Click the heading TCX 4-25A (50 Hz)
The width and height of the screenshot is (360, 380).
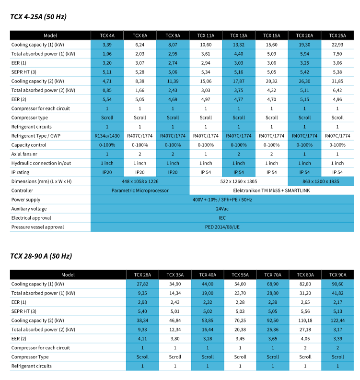[38, 17]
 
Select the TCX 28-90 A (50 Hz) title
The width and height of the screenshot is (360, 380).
[41, 256]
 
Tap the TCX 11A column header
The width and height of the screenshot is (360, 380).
[206, 36]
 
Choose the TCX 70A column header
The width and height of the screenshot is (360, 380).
[273, 275]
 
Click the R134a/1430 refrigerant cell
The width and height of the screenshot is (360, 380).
[107, 136]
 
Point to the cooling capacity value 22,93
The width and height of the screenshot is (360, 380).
[337, 45]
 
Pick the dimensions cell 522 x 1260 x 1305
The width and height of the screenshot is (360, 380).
[238, 181]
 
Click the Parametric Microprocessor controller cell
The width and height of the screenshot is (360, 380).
[140, 190]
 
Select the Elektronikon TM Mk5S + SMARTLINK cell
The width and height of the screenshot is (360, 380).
[271, 190]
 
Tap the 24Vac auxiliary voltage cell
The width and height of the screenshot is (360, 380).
[222, 209]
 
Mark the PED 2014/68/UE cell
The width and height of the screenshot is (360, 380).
[222, 227]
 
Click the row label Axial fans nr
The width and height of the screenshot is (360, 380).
[24, 154]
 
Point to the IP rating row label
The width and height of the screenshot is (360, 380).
[20, 172]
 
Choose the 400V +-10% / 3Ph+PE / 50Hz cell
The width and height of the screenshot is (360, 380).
[222, 200]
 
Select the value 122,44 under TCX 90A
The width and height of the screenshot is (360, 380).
[337, 321]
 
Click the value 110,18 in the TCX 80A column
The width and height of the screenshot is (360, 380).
[305, 321]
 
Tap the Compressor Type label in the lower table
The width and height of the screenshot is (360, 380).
[30, 357]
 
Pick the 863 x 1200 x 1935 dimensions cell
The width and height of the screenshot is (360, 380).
[321, 181]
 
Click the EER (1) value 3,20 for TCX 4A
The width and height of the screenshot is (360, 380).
[107, 63]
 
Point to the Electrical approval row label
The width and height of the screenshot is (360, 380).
[31, 218]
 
